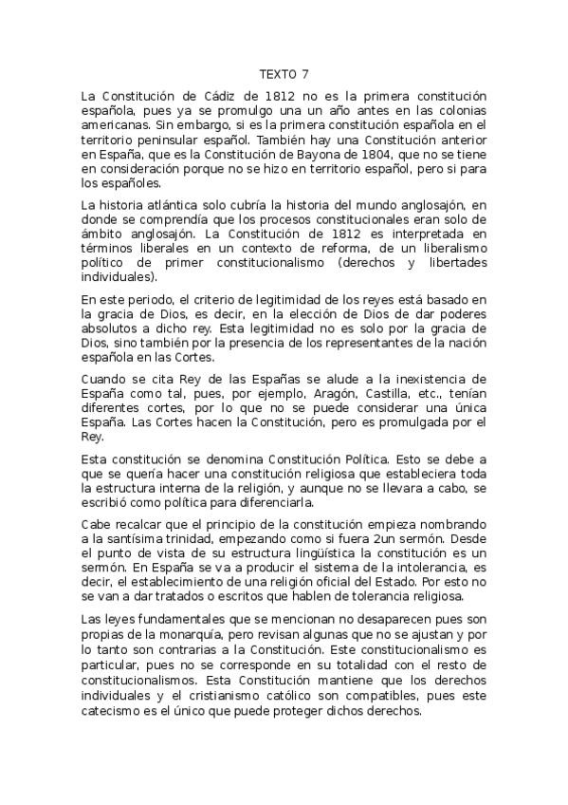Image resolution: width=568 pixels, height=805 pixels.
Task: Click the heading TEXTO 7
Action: pyautogui.click(x=284, y=74)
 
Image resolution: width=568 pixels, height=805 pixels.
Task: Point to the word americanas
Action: pyautogui.click(x=115, y=124)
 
